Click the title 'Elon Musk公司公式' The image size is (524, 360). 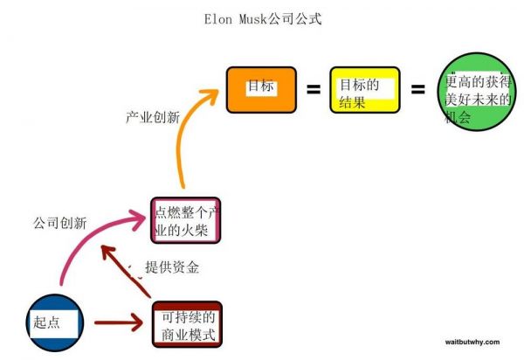click(262, 18)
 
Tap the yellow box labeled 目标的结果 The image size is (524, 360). click(364, 89)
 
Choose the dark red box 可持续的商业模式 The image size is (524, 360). click(186, 324)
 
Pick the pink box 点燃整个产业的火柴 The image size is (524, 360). click(185, 219)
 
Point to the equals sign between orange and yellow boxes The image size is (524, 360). click(314, 88)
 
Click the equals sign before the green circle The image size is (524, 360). click(418, 89)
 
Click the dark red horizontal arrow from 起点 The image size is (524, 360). click(118, 323)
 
